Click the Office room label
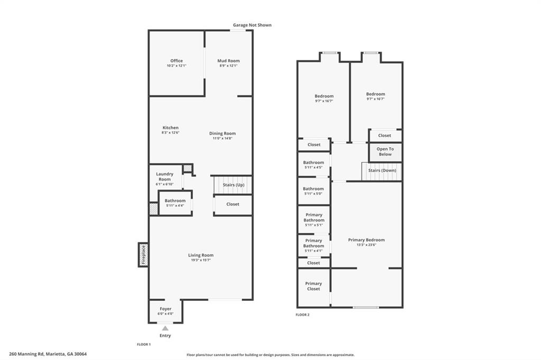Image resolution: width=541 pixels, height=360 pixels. [176, 61]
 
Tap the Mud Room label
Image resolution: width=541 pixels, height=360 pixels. [228, 61]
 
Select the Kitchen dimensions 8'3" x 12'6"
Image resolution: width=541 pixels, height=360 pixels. [171, 132]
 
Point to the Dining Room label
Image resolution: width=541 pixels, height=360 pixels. [222, 134]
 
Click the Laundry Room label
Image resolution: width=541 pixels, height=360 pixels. [165, 176]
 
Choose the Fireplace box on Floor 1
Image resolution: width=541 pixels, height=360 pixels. [143, 255]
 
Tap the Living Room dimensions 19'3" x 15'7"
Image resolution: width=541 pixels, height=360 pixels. [201, 260]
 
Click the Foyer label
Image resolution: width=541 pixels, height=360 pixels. [165, 309]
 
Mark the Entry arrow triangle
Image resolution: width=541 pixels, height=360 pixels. [165, 328]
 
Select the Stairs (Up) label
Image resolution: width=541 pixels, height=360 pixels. [234, 185]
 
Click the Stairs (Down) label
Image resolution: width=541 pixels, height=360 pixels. [382, 170]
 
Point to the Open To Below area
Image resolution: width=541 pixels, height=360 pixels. [385, 152]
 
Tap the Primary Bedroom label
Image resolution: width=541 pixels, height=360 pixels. [367, 240]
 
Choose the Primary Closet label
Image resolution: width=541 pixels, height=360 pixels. [314, 286]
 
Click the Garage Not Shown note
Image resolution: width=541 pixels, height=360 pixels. [252, 25]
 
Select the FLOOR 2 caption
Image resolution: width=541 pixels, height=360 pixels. [303, 315]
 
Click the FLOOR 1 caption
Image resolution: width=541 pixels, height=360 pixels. [144, 344]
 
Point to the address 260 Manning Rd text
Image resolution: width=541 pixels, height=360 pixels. [26, 354]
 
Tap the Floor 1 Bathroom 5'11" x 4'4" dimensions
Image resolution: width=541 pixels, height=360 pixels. [175, 205]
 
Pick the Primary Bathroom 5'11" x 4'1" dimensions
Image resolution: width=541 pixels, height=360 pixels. [314, 251]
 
